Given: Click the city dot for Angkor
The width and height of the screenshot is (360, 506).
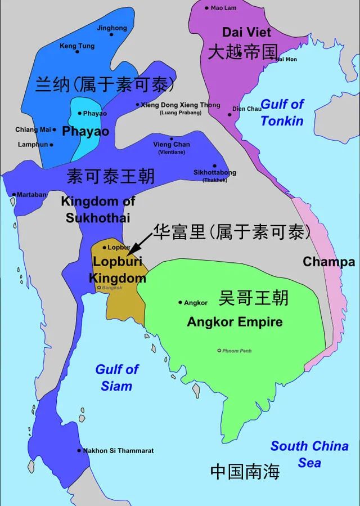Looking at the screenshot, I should coord(180,302).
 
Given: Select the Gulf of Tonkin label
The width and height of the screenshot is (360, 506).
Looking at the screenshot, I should coord(282,112).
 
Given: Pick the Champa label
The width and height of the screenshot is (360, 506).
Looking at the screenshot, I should coord(329,262).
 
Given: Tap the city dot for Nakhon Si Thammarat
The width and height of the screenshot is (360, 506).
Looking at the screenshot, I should coord(79,450).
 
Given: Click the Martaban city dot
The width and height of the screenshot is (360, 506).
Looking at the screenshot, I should coord(13,195).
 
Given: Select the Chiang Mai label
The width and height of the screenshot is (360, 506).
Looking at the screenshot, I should coord(33,129).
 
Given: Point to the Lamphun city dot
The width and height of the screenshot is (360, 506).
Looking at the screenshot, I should coord(52,145).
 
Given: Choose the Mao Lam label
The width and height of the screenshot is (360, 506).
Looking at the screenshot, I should coord(223,8).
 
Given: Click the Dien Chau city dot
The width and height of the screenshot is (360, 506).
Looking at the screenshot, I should coord(229,114).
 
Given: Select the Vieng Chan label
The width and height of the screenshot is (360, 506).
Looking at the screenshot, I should coord(172,144).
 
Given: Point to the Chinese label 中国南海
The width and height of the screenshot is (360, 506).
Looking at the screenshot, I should coord(245,472).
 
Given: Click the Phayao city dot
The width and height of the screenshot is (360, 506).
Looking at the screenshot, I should coord(80,113).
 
